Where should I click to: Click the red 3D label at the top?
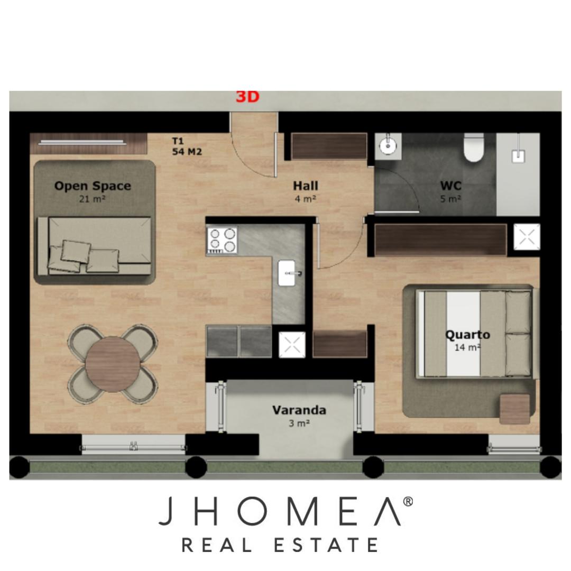tap(247, 97)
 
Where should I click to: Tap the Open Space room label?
tap(93, 186)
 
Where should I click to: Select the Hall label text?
tap(306, 186)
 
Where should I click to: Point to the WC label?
tap(451, 186)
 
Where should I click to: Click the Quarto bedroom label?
tap(467, 334)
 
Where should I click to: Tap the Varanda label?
tap(299, 410)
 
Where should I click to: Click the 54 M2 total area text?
tap(187, 152)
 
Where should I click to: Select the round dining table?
tap(113, 364)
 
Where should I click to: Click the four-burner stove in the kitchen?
tap(222, 240)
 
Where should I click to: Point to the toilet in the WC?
tap(473, 147)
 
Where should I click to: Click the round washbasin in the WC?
tap(388, 146)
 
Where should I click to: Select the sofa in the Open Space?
tap(94, 246)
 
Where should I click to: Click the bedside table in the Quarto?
tap(514, 409)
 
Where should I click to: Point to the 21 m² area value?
tap(93, 199)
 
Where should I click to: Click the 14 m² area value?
tap(467, 347)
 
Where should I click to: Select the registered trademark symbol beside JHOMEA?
tap(408, 502)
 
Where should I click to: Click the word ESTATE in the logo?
tap(326, 546)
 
